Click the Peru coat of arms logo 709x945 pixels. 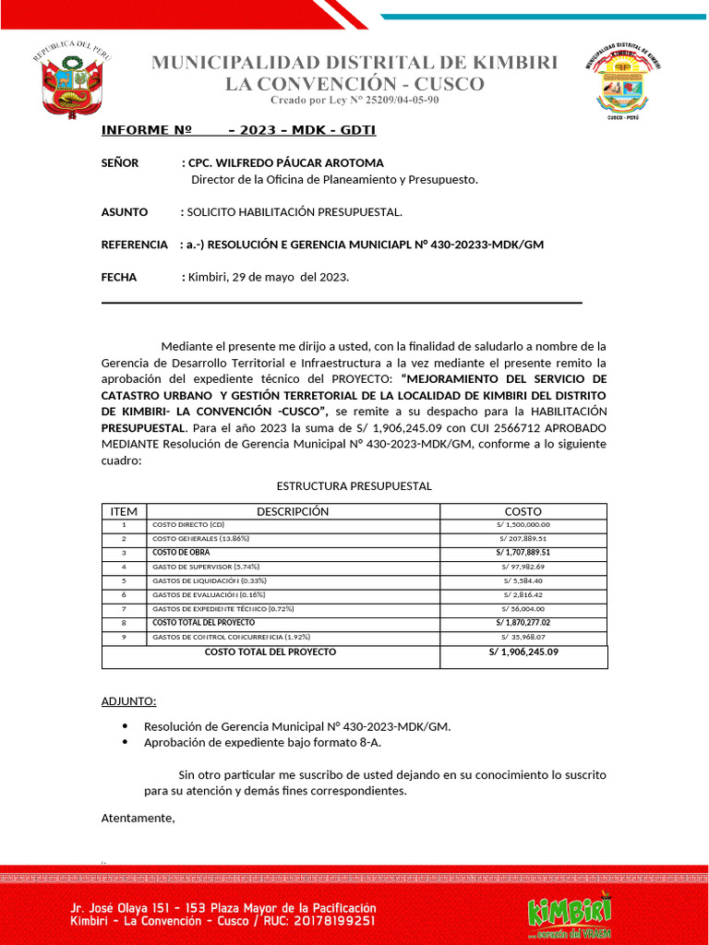[x=73, y=79]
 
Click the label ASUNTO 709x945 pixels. [x=124, y=212]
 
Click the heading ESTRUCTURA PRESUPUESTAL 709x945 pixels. [x=354, y=486]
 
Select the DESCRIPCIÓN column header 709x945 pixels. [x=292, y=511]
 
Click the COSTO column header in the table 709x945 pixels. [x=523, y=511]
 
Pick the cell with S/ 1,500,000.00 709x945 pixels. [x=523, y=524]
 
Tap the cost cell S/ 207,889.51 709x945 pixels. [x=523, y=538]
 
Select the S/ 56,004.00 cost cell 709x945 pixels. [x=523, y=608]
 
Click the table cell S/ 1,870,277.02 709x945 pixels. [x=523, y=623]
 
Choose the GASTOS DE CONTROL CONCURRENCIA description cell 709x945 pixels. [x=231, y=637]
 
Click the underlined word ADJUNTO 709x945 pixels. [x=128, y=701]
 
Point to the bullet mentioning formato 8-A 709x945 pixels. [x=262, y=742]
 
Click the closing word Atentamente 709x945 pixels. [x=138, y=818]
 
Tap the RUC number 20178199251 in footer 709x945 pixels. [x=328, y=921]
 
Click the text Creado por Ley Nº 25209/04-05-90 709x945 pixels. [x=354, y=100]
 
